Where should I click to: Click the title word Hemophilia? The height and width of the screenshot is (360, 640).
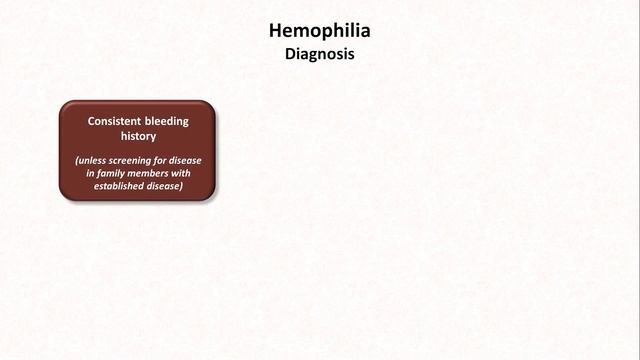coord(320,32)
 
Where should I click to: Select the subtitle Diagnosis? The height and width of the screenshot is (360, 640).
coord(320,55)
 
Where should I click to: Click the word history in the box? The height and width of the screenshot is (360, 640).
coord(138,135)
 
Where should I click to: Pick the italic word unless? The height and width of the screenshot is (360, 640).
coord(95,160)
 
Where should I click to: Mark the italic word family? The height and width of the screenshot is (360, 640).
coord(111,173)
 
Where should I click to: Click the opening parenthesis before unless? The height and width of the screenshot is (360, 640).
coord(77,160)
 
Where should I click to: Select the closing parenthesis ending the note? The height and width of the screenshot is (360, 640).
coord(184,186)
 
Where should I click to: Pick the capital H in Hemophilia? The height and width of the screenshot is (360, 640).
coord(276,32)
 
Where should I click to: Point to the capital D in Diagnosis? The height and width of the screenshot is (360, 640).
coord(290,55)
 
